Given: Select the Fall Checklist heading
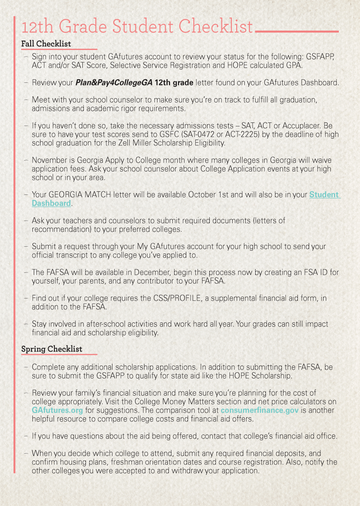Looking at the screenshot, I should (46, 44).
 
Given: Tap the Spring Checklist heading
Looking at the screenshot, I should (52, 349).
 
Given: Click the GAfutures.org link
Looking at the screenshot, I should (57, 410).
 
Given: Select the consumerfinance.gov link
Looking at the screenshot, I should (255, 410).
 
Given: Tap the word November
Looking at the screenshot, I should (50, 160).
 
